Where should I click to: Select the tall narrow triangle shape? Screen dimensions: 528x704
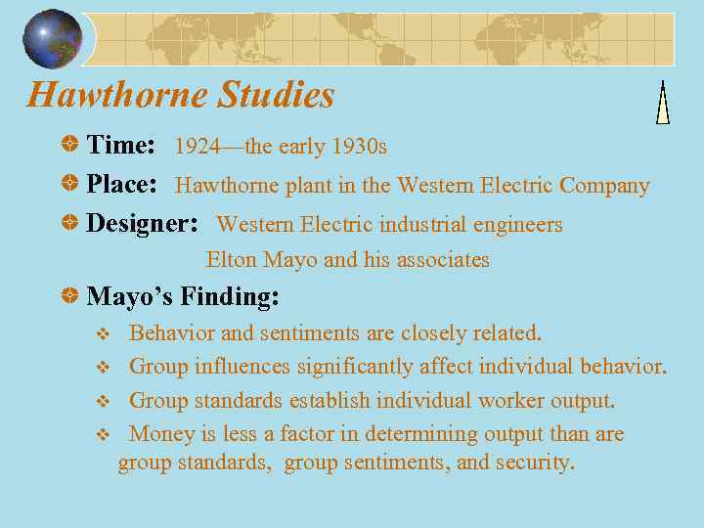pos(663,103)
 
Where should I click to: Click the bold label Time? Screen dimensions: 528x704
pos(121,146)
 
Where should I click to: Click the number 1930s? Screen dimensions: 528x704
pos(359,147)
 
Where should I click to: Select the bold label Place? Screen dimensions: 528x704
pos(122,185)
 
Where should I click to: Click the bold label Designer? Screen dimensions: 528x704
pos(143,224)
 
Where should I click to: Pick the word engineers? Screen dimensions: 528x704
pos(517,225)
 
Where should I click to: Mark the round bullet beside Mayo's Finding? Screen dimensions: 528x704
pos(70,295)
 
